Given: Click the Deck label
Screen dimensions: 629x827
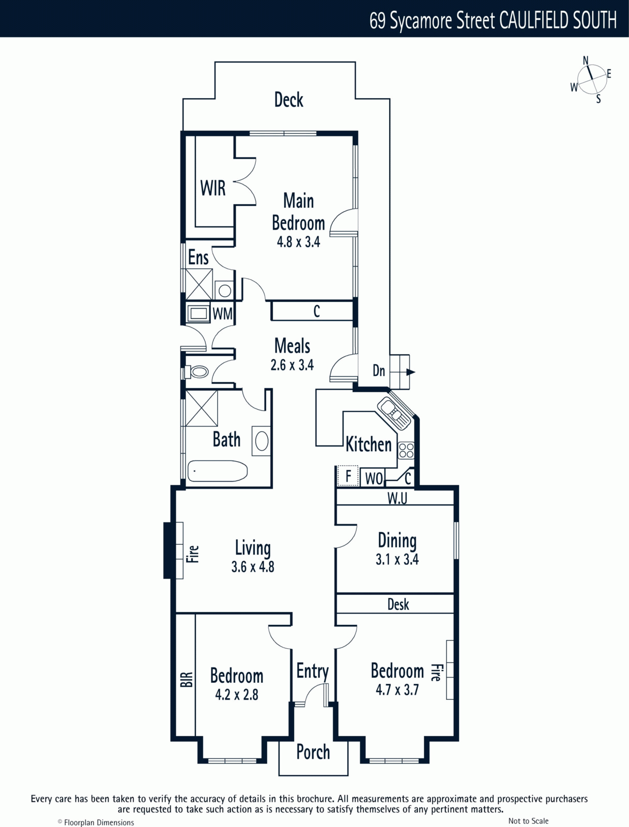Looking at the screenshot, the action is (x=288, y=100).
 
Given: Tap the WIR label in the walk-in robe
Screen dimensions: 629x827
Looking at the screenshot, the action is (x=213, y=188).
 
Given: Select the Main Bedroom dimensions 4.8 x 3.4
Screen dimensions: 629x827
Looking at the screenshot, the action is (x=298, y=242).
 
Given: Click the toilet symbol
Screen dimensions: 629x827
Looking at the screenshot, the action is (x=196, y=372).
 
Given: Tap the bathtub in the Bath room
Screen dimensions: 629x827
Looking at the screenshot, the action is (x=217, y=471).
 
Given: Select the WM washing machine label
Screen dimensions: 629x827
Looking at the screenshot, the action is (x=223, y=313).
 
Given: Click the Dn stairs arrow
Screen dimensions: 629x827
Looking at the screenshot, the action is (x=410, y=372).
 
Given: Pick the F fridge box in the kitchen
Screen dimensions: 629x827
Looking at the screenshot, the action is (x=348, y=476).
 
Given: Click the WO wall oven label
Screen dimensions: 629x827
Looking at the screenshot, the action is (x=374, y=479).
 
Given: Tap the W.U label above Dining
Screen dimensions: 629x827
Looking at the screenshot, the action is (x=397, y=498).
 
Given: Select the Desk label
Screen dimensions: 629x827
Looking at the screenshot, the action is (x=398, y=604).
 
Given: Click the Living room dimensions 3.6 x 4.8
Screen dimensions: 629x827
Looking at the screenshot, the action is (x=253, y=566).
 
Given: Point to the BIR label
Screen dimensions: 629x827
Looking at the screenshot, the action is (x=187, y=680).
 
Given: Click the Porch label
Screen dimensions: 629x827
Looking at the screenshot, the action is (x=313, y=752).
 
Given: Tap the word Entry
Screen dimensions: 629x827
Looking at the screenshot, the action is (x=313, y=671).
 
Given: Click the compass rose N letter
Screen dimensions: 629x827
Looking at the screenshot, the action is (x=586, y=60).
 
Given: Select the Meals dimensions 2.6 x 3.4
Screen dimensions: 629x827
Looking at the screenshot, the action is (x=292, y=365).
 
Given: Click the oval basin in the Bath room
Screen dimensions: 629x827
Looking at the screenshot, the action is (x=262, y=441).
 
